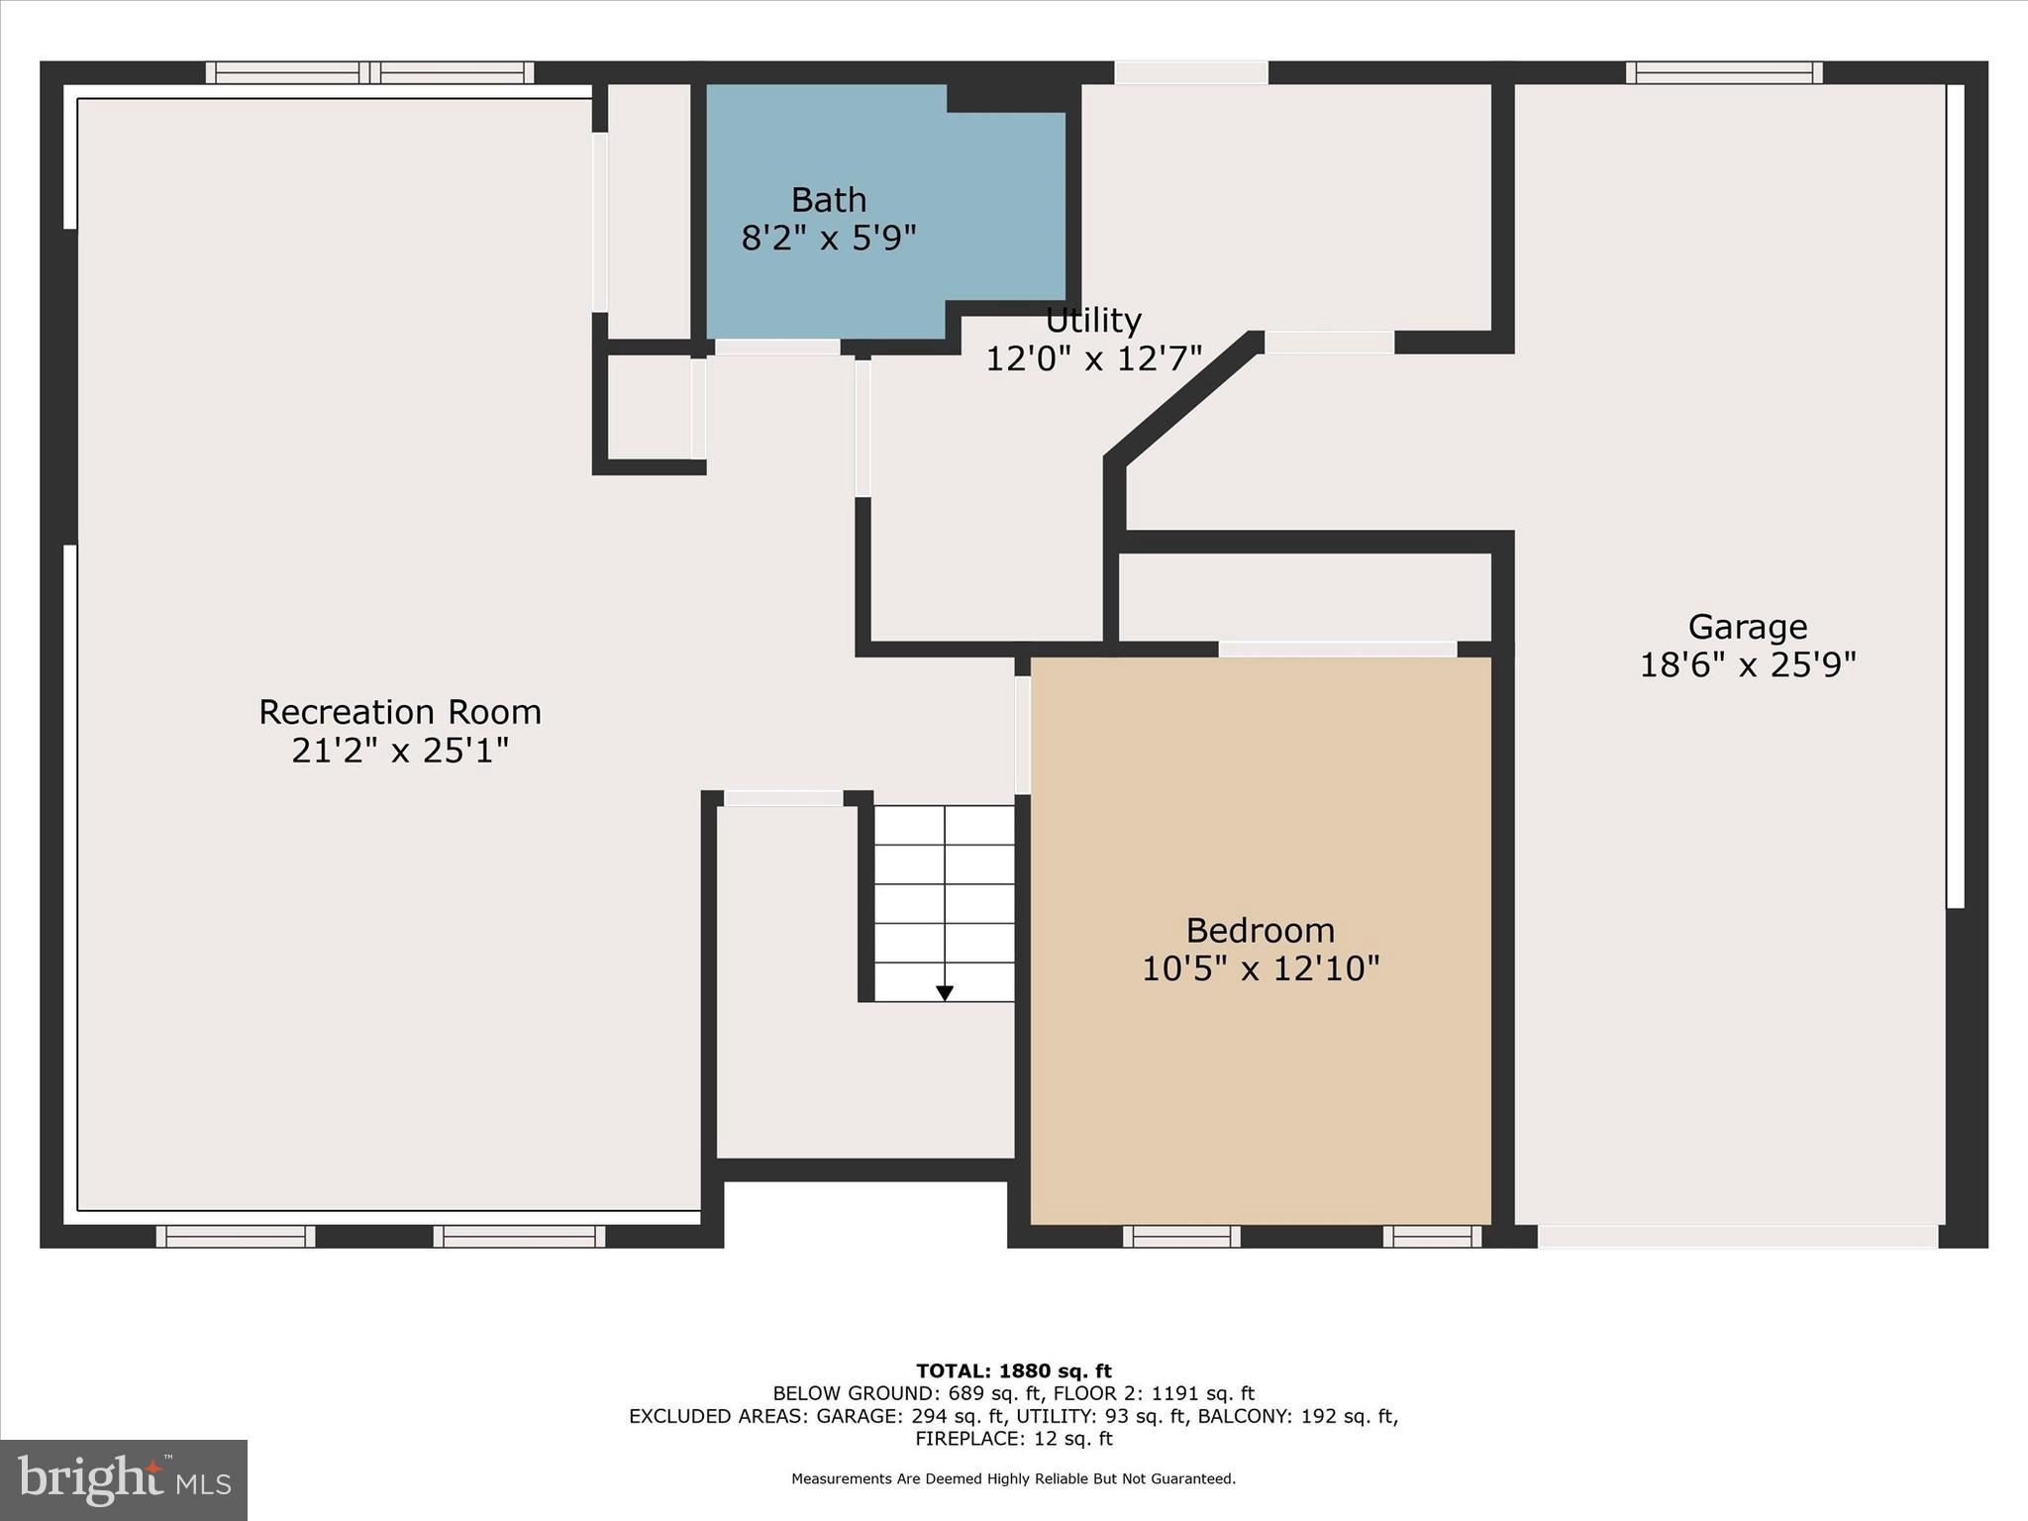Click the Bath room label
829,200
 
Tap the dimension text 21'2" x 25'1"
400,751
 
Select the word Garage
1747,627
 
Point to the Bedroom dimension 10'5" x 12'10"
1260,967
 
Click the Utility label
1093,321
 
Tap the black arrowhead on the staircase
945,992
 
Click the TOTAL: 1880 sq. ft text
1013,1371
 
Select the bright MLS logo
124,1479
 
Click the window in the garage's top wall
1723,72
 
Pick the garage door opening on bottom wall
1737,1236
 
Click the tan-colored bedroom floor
1260,1089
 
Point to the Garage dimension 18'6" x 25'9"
1747,664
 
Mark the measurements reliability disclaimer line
1013,1479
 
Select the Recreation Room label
400,712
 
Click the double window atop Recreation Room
369,72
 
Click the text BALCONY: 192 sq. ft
1296,1416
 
